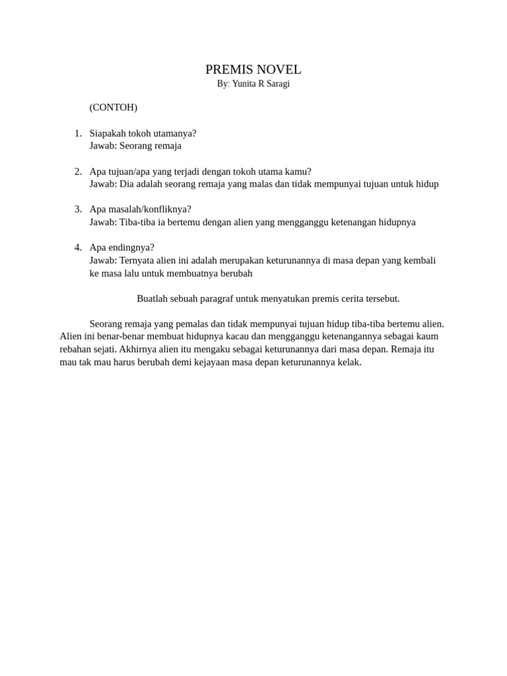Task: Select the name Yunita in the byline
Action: coord(245,84)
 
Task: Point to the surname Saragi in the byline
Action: coord(277,84)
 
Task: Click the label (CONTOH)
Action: coord(113,107)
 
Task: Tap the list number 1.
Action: coord(78,133)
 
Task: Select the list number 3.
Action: coord(78,209)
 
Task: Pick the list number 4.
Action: coord(78,248)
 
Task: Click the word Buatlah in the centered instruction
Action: coord(152,298)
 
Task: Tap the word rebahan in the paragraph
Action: coord(77,349)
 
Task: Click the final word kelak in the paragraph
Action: coord(349,362)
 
